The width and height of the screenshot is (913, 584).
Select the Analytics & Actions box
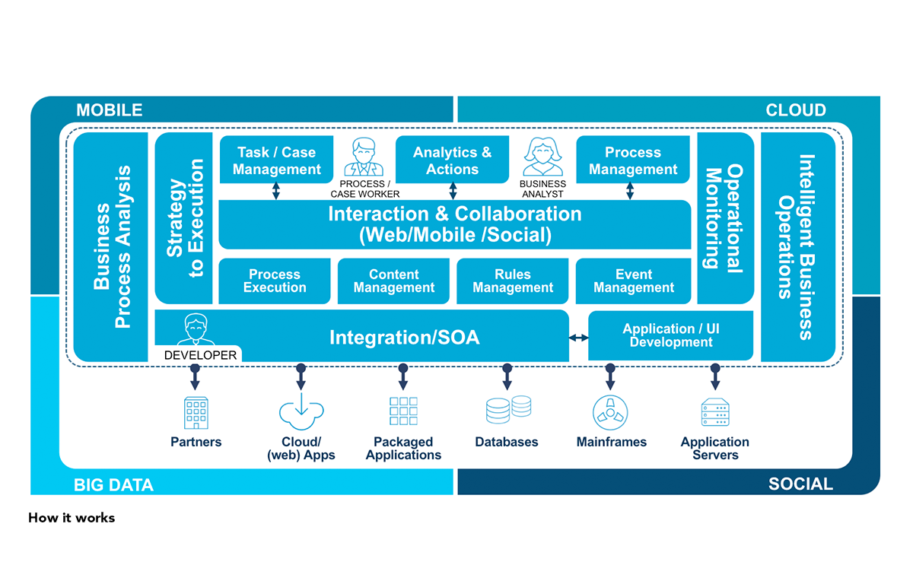[452, 160]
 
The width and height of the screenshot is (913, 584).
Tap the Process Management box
[632, 160]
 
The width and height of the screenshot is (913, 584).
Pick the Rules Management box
[513, 281]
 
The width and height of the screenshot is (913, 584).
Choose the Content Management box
[394, 281]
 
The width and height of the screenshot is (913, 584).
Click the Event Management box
[633, 281]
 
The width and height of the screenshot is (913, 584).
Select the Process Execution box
[275, 281]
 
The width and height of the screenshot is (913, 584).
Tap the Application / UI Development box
[670, 335]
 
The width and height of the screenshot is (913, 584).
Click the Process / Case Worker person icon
[364, 157]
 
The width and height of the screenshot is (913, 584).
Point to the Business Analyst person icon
[542, 157]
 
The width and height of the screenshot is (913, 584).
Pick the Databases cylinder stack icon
[508, 410]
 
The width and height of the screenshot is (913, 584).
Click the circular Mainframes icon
[610, 413]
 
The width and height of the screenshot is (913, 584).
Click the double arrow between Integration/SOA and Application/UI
[579, 337]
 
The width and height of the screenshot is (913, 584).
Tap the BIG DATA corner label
[113, 484]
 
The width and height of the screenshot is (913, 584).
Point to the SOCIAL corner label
[800, 484]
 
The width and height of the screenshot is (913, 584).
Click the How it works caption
[72, 518]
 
